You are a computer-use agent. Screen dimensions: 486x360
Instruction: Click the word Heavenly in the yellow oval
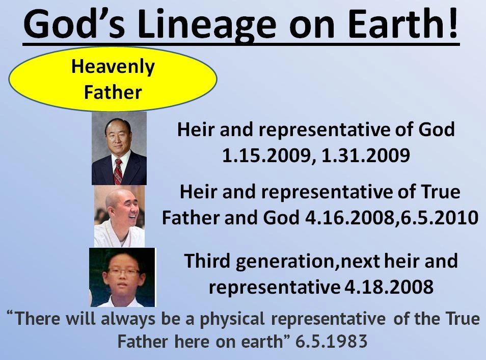click(113, 67)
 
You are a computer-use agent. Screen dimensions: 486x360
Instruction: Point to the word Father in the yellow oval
click(113, 92)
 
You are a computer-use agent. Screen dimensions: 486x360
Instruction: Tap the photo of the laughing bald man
click(119, 216)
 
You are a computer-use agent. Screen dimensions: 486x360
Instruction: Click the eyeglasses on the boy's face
click(124, 272)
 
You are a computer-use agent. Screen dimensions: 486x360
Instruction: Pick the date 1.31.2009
click(366, 156)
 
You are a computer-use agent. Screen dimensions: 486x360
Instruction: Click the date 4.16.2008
click(349, 218)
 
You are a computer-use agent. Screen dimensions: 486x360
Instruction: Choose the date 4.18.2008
click(389, 287)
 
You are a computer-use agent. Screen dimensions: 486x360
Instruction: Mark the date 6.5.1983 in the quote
click(331, 342)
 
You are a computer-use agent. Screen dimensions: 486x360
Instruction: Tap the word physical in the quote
click(232, 319)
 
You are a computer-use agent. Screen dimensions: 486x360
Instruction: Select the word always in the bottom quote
click(128, 319)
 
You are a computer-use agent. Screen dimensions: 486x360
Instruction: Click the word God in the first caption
click(437, 130)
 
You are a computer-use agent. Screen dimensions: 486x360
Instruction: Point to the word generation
click(285, 262)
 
